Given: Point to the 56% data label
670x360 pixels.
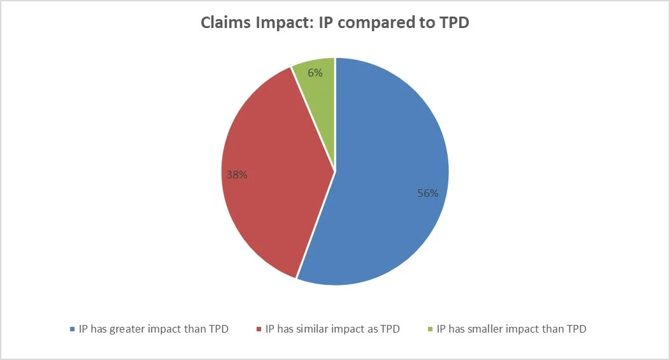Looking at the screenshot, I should pos(428,193).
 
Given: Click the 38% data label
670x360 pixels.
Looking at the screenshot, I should pos(236,173).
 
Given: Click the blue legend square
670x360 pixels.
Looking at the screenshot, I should pos(72,329).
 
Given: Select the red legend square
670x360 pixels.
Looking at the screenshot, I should pos(259,329).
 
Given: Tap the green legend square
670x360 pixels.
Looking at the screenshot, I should pos(430,329).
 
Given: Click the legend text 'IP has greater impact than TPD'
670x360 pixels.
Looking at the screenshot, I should pos(153,329).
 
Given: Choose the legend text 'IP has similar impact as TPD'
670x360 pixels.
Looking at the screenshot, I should pos(332,329).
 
